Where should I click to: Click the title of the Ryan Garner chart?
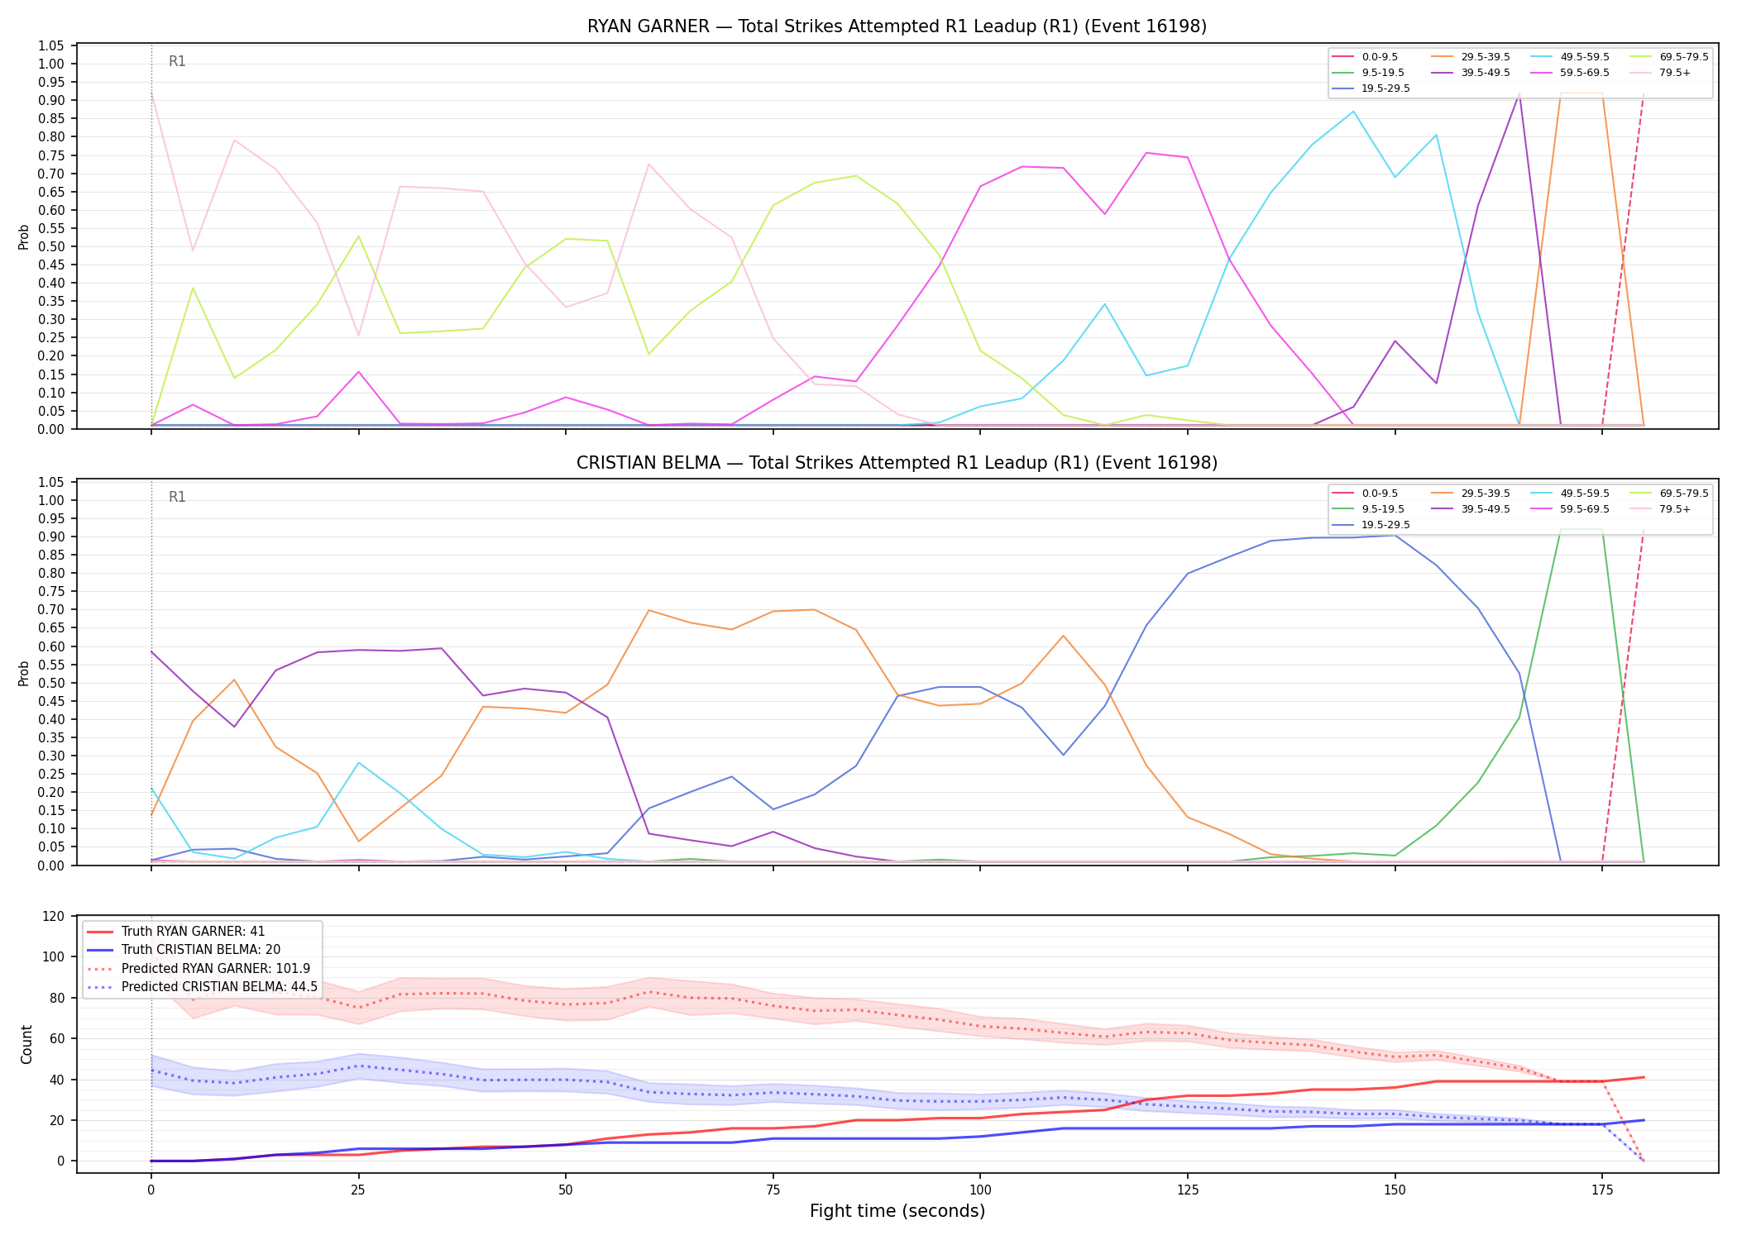[897, 26]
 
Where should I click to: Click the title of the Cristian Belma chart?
[897, 463]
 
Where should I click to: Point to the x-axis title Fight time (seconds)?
[897, 1211]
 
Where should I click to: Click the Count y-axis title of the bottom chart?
[26, 1044]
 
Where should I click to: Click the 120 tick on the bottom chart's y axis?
[54, 916]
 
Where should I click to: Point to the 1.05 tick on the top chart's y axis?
[51, 45]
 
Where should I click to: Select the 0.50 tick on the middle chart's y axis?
[51, 683]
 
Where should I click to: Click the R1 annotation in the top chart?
[177, 61]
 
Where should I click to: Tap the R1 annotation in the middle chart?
[177, 497]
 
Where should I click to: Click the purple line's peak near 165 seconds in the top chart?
[1519, 94]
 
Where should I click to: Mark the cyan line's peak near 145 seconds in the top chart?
[1353, 112]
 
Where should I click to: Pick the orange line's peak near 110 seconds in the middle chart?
[1063, 636]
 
